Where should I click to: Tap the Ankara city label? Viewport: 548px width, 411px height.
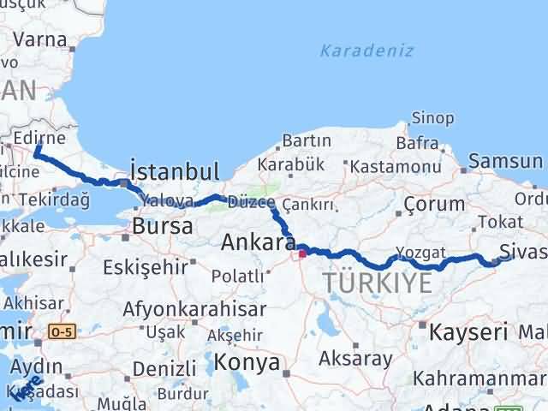pyautogui.click(x=259, y=243)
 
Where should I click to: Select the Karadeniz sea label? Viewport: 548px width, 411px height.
pyautogui.click(x=366, y=51)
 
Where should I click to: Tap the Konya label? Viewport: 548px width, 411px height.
pyautogui.click(x=247, y=363)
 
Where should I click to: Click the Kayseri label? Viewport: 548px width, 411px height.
pyautogui.click(x=469, y=331)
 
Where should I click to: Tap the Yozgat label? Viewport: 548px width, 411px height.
pyautogui.click(x=420, y=253)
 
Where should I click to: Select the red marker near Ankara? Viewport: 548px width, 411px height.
pyautogui.click(x=302, y=253)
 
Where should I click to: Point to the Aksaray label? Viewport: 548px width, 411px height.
pyautogui.click(x=354, y=357)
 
